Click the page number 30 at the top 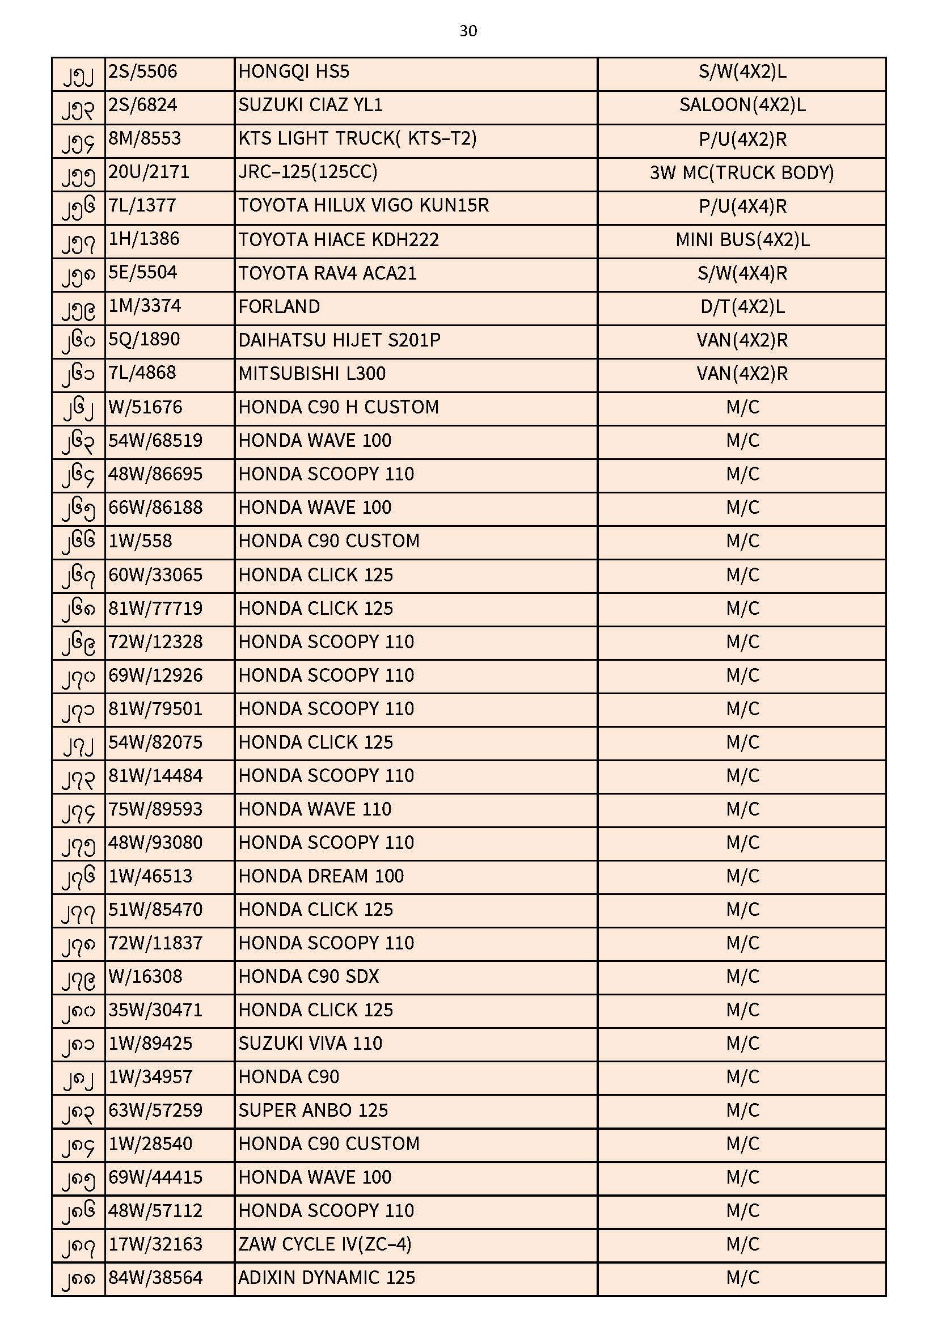(x=468, y=31)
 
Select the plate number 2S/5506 (x=143, y=71)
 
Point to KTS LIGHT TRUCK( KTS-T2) (x=357, y=138)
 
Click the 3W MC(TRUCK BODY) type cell (x=742, y=172)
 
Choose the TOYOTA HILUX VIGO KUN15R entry (x=364, y=206)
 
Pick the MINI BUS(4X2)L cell (x=742, y=240)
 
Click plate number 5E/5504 (x=143, y=273)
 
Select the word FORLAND (x=279, y=306)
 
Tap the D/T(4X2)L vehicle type (x=742, y=306)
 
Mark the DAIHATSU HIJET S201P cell (x=339, y=340)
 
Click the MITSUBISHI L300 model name (x=312, y=373)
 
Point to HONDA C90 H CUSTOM (x=339, y=407)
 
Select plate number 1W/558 (x=140, y=541)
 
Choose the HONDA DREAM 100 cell (x=320, y=876)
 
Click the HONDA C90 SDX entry (x=309, y=977)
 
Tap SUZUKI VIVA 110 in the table (x=310, y=1044)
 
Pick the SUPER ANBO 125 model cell (x=312, y=1110)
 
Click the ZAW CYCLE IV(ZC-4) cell (x=324, y=1244)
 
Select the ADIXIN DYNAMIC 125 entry (x=326, y=1278)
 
